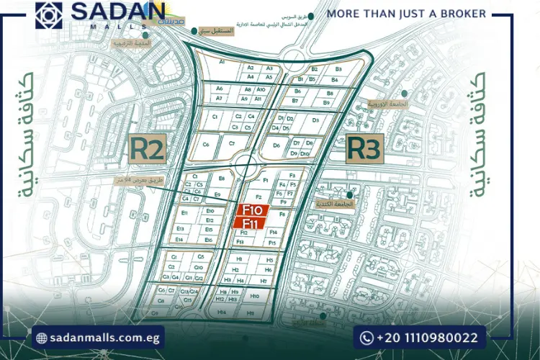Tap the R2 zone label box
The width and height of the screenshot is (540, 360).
click(x=149, y=149)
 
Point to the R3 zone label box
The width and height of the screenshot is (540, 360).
click(x=364, y=149)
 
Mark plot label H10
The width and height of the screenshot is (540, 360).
click(x=254, y=296)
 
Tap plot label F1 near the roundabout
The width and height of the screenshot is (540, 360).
click(x=265, y=179)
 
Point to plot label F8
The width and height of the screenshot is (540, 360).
click(x=282, y=215)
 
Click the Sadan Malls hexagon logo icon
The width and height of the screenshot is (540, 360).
click(x=48, y=16)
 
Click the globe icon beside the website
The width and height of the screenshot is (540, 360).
click(x=42, y=338)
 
